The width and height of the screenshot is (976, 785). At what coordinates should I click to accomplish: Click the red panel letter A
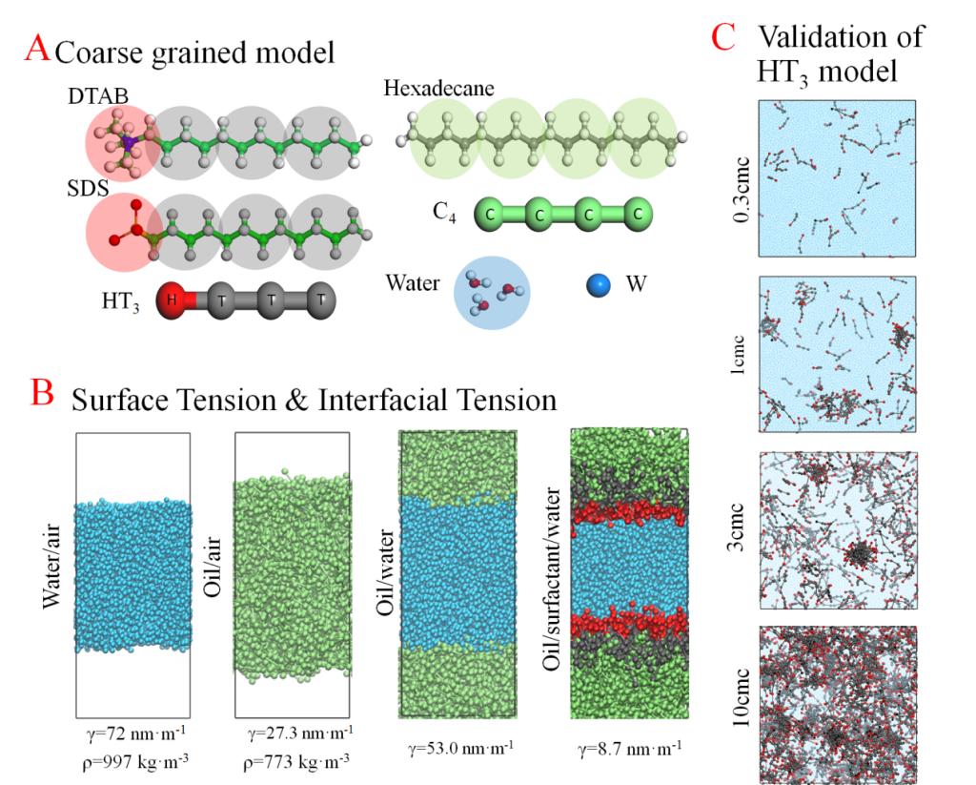pyautogui.click(x=37, y=48)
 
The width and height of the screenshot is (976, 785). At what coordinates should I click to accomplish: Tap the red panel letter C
pyautogui.click(x=723, y=37)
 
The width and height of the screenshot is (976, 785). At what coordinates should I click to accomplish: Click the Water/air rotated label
pyautogui.click(x=55, y=577)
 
